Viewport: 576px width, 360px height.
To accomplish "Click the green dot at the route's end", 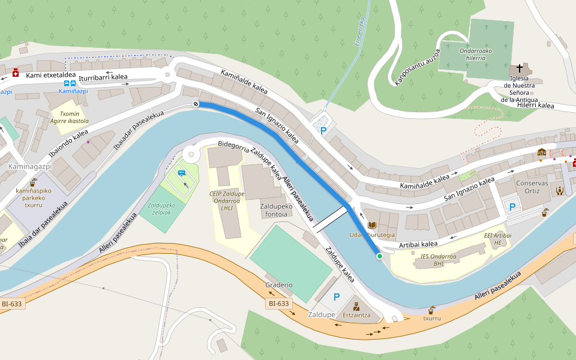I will click(379, 256).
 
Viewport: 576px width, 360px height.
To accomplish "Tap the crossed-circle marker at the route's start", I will click(196, 104).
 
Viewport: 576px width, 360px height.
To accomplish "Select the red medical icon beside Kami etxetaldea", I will click(16, 73).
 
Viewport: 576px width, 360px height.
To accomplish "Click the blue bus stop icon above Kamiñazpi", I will click(70, 84).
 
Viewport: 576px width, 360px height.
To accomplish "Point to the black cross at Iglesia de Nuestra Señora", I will click(520, 68).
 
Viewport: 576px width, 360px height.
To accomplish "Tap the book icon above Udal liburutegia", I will click(372, 225).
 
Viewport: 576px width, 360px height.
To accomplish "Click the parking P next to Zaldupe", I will click(336, 296).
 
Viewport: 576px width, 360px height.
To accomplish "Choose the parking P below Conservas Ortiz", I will click(512, 207).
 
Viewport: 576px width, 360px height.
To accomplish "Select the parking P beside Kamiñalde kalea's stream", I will click(324, 131).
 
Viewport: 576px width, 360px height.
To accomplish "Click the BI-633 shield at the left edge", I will click(12, 304).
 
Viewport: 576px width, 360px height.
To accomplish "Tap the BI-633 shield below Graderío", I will click(279, 304).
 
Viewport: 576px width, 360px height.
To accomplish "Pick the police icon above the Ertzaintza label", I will click(356, 306).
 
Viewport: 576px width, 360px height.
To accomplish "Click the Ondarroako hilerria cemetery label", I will click(475, 54).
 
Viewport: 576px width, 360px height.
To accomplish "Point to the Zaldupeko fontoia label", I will click(276, 210).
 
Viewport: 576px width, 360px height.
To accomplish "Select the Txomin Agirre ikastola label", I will click(70, 117).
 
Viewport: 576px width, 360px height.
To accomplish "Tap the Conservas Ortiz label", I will click(528, 187).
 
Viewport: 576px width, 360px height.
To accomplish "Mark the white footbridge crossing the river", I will click(329, 220).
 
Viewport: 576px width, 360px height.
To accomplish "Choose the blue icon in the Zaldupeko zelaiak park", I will click(182, 173).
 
